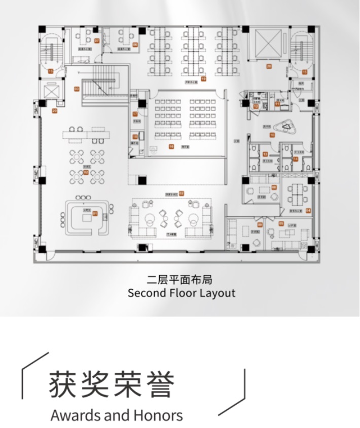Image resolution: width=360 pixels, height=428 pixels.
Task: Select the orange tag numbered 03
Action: (77, 89)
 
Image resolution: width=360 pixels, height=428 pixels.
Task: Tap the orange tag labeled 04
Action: (307, 210)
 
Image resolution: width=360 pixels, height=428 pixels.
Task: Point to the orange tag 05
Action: (281, 223)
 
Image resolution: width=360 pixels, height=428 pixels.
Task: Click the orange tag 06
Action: (135, 45)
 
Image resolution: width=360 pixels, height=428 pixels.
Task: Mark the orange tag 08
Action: (274, 187)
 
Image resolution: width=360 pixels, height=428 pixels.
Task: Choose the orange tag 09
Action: (260, 224)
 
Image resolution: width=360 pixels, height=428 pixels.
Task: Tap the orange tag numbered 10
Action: (272, 135)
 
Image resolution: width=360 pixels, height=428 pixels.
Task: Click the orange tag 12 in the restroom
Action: (257, 106)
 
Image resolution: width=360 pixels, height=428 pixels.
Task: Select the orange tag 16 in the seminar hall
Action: (171, 146)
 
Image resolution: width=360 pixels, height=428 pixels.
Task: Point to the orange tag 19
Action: (203, 79)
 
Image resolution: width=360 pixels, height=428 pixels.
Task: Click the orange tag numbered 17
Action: (135, 114)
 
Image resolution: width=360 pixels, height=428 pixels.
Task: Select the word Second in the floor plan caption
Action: (145, 293)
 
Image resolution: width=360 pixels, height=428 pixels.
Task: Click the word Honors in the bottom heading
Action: (158, 416)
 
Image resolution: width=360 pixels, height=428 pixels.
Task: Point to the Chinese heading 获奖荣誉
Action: (112, 385)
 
